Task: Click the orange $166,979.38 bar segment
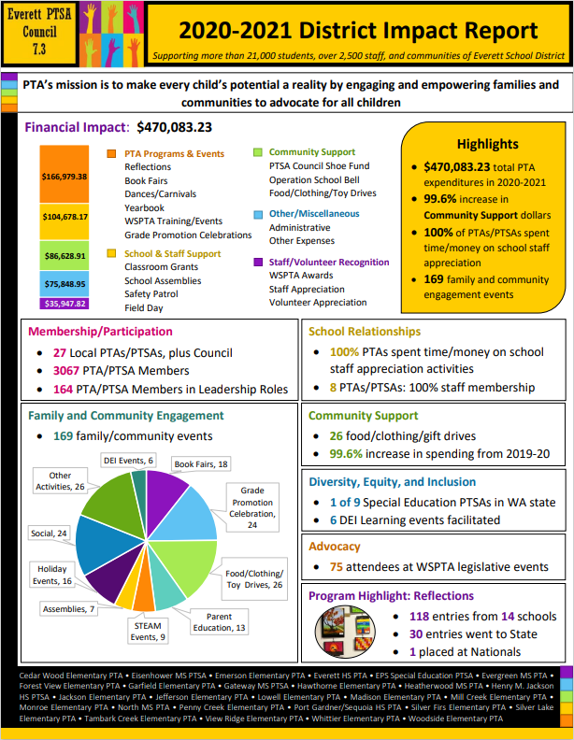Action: (x=64, y=175)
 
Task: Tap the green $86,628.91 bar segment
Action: (x=64, y=254)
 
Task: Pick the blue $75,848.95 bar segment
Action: (x=64, y=284)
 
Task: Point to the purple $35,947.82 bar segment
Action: (x=64, y=304)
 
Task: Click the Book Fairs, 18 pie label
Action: (x=201, y=463)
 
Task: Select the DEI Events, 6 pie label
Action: (x=128, y=460)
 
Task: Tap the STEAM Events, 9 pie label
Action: (x=149, y=631)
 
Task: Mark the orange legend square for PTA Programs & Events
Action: (x=113, y=152)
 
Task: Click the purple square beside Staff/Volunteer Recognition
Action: (x=258, y=263)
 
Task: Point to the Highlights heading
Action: (x=487, y=144)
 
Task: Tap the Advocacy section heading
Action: (x=334, y=546)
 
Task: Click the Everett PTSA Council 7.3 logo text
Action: (x=40, y=31)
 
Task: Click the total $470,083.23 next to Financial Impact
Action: (x=174, y=127)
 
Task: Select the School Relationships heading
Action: (x=365, y=331)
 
